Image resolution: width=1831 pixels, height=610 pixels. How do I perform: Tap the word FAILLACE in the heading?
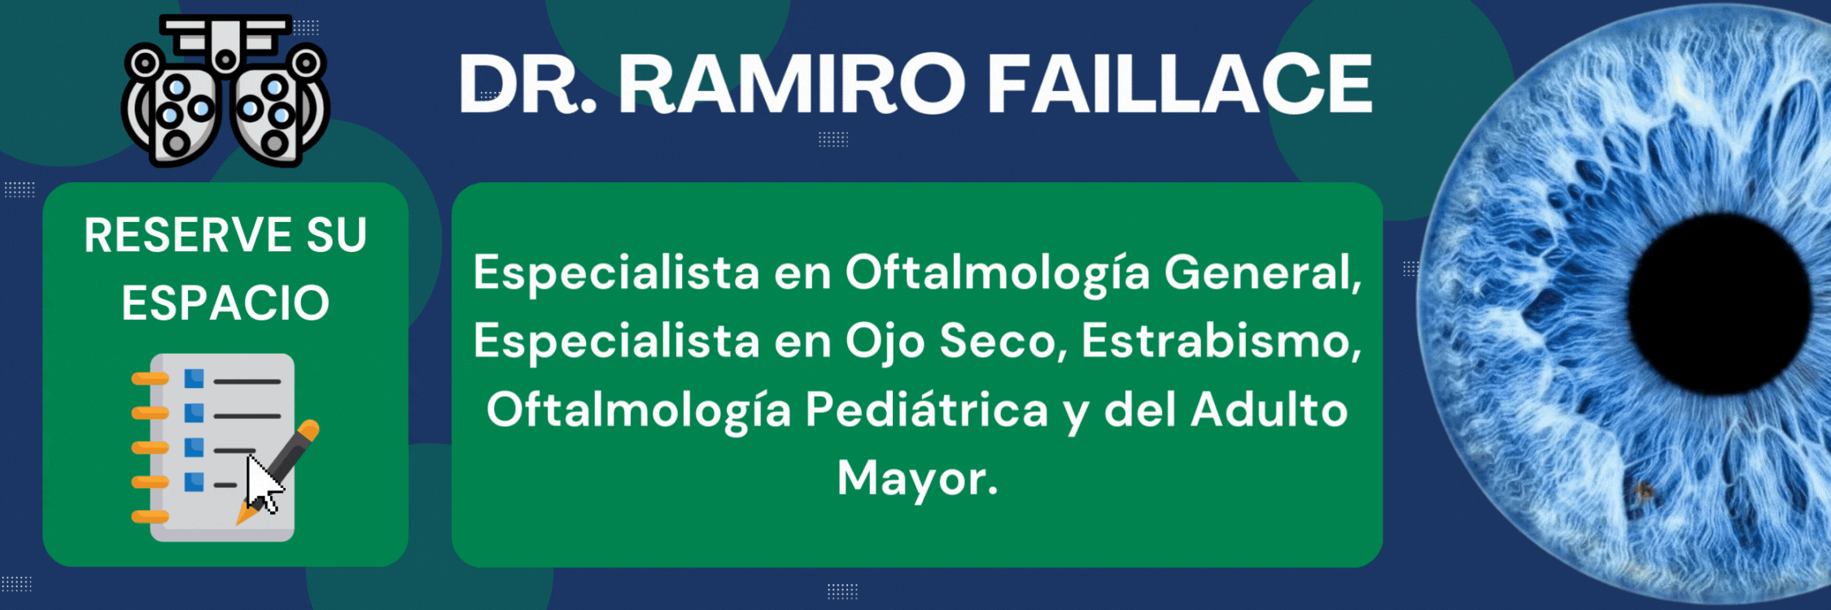pyautogui.click(x=1181, y=84)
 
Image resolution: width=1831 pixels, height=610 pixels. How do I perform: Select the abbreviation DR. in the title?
pyautogui.click(x=527, y=84)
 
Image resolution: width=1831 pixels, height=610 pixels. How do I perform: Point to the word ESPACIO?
pyautogui.click(x=225, y=303)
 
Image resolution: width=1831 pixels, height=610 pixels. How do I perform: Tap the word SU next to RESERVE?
pyautogui.click(x=337, y=235)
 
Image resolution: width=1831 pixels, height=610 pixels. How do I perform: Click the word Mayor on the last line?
pyautogui.click(x=917, y=478)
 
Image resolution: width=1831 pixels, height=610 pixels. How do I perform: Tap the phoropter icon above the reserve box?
pyautogui.click(x=225, y=91)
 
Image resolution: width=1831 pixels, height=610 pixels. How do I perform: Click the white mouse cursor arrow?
pyautogui.click(x=264, y=484)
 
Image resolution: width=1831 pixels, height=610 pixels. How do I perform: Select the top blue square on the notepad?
pyautogui.click(x=194, y=378)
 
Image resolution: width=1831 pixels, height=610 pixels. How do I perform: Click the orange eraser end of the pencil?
pyautogui.click(x=309, y=429)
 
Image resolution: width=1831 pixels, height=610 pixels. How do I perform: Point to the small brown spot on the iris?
pyautogui.click(x=1645, y=490)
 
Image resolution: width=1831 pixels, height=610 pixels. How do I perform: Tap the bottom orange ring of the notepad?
pyautogui.click(x=150, y=516)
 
